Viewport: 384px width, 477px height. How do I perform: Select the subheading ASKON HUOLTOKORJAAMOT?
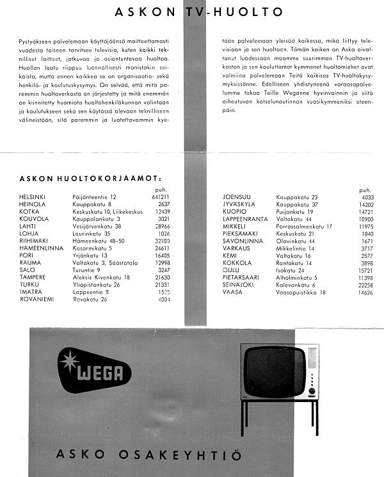91,179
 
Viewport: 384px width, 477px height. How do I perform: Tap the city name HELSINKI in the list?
33,197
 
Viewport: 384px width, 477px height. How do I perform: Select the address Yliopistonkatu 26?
97,284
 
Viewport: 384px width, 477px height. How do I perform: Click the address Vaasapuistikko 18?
301,292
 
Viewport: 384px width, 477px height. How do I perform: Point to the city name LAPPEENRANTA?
244,219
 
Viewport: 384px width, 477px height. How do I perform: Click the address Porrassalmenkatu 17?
304,226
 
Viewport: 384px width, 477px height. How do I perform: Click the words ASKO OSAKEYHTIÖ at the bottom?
149,456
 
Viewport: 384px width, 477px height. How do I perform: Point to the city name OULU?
232,270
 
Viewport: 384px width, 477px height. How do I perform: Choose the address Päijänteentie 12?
95,197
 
